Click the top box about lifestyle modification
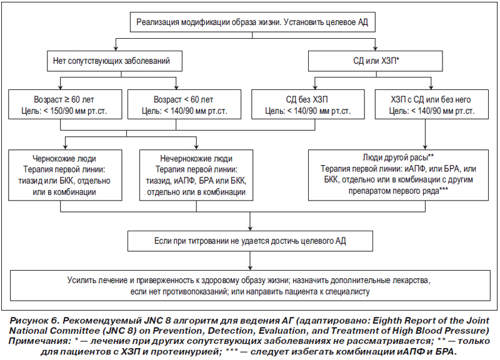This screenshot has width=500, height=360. (252, 22)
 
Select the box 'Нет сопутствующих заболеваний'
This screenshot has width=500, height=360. (115, 61)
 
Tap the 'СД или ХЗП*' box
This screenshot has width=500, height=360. (376, 61)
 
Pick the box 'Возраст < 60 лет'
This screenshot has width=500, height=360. (184, 104)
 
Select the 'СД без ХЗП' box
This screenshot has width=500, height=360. (308, 104)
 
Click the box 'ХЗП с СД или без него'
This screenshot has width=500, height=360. (432, 104)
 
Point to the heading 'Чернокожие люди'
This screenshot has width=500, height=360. (64, 159)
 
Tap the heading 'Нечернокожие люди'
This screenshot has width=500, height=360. (196, 159)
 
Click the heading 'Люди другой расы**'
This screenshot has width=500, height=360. (398, 157)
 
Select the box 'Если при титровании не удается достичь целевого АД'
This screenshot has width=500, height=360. (251, 241)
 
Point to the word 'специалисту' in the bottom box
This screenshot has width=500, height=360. (347, 291)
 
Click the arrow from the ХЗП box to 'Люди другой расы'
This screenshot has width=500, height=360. (425, 134)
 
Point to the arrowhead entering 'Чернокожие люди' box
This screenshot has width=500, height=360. (65, 147)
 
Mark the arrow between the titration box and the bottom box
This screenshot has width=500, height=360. (251, 261)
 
